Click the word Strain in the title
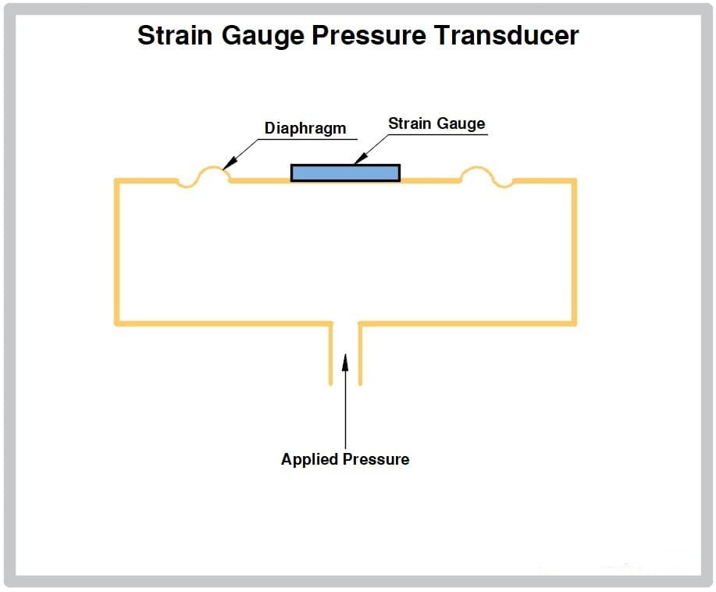(175, 35)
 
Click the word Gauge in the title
(262, 37)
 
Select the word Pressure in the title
(369, 35)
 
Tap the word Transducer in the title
(507, 35)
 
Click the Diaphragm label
(305, 128)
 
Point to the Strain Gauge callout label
(436, 123)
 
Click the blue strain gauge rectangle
(346, 173)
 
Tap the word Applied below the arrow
(310, 459)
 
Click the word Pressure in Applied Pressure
(376, 459)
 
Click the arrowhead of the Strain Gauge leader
(361, 158)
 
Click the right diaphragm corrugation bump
(486, 177)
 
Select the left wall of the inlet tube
(330, 354)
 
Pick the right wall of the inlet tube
(360, 354)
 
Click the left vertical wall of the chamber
(117, 252)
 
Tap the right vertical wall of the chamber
(574, 252)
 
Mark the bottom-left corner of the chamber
(117, 323)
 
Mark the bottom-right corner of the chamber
(574, 323)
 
